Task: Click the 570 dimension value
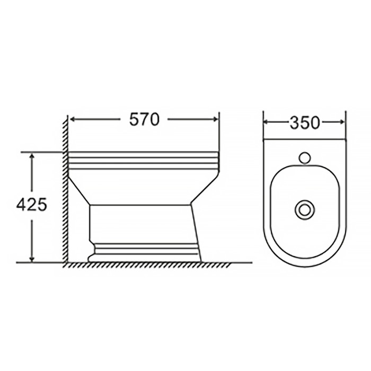pos(145,120)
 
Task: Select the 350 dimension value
pos(304,122)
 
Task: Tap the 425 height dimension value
pos(28,204)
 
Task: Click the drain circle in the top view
pos(304,209)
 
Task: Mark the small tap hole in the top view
pos(304,157)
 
